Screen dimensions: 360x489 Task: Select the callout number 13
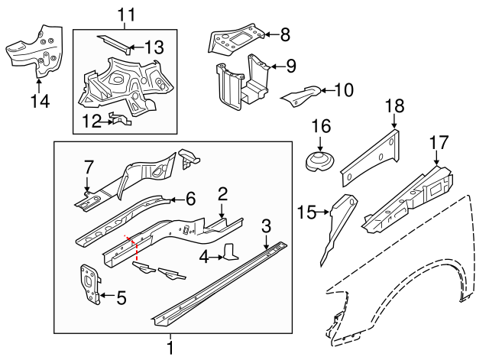click(x=155, y=47)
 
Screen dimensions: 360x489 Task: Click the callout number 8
click(x=286, y=34)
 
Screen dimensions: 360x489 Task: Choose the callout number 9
click(x=291, y=66)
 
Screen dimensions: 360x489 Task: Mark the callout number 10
click(x=344, y=90)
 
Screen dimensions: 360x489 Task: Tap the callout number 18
click(x=395, y=107)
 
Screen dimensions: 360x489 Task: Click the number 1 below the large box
click(x=170, y=348)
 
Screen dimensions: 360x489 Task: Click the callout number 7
click(x=89, y=167)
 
